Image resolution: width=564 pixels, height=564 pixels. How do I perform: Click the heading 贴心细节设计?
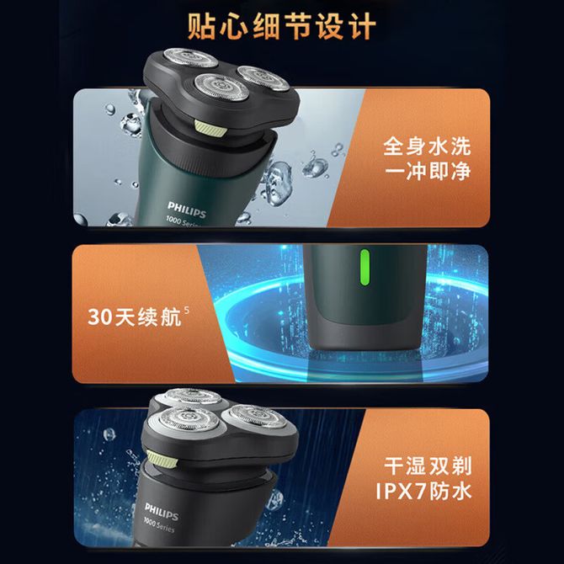pyautogui.click(x=282, y=27)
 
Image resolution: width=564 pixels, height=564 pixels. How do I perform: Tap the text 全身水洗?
pyautogui.click(x=427, y=146)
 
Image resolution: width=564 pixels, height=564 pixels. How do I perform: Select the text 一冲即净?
pyautogui.click(x=428, y=171)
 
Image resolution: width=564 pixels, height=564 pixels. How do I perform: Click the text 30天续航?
pyautogui.click(x=135, y=317)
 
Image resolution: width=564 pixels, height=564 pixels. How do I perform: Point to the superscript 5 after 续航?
pyautogui.click(x=186, y=310)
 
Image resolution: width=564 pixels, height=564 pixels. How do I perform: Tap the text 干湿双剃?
pyautogui.click(x=428, y=466)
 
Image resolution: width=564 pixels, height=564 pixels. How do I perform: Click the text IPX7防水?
pyautogui.click(x=423, y=491)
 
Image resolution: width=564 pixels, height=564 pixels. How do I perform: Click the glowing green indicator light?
pyautogui.click(x=364, y=267)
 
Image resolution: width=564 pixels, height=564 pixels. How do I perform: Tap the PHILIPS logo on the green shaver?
pyautogui.click(x=187, y=210)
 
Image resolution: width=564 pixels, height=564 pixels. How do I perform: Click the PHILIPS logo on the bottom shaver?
pyautogui.click(x=162, y=512)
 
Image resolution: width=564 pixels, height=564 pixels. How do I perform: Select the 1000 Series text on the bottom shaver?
pyautogui.click(x=159, y=524)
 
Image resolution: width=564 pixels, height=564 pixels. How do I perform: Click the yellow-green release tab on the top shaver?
pyautogui.click(x=210, y=128)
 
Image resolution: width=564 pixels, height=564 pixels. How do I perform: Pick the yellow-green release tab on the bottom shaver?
pyautogui.click(x=162, y=459)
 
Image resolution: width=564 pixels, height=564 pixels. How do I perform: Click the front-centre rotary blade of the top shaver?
pyautogui.click(x=221, y=87)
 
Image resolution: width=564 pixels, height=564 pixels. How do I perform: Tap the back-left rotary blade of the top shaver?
pyautogui.click(x=190, y=57)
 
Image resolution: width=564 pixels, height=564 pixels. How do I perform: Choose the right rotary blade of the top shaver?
pyautogui.click(x=263, y=77)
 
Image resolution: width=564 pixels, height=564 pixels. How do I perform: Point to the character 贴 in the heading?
pyautogui.click(x=201, y=27)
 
